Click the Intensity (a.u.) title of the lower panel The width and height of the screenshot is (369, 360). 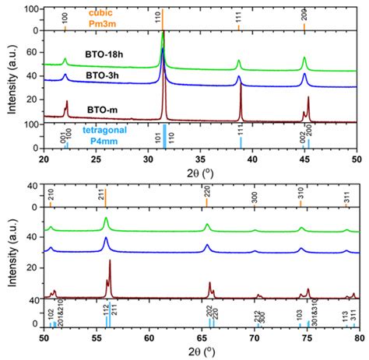(x=11, y=254)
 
